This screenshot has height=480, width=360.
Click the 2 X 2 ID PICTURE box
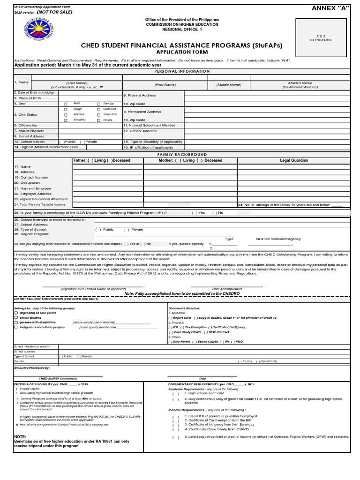pos(324,38)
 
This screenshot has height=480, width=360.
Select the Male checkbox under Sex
pos(66,104)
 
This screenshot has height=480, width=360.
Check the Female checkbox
pos(98,104)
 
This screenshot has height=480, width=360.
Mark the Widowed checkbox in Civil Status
pos(98,109)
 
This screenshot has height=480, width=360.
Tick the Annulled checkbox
pos(66,120)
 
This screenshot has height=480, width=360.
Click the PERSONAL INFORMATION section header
pos(180,71)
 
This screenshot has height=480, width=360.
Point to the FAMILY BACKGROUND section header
pos(180,154)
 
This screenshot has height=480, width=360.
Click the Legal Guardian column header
pos(294,160)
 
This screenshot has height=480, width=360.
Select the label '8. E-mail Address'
pos(29,136)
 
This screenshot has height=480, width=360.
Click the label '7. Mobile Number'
pos(29,131)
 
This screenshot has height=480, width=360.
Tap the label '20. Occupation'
pos(27,183)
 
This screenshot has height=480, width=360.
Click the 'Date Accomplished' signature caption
pos(227,289)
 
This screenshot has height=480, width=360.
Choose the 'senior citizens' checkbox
pos(16,318)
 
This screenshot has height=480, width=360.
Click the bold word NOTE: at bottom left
pos(20,436)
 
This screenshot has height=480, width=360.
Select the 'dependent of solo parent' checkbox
pos(16,313)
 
